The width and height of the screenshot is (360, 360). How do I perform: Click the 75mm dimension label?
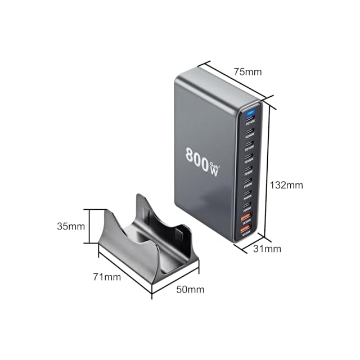point(248,71)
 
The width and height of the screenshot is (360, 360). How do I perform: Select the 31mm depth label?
point(267,249)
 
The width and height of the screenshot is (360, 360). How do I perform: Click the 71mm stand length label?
point(107,277)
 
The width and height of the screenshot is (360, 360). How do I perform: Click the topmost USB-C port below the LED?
point(249,120)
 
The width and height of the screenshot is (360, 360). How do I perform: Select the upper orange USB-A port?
point(246,217)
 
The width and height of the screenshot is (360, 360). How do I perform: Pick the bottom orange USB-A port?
point(245,229)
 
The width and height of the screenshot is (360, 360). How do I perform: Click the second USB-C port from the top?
point(249,133)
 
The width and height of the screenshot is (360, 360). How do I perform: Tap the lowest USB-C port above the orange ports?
point(246,205)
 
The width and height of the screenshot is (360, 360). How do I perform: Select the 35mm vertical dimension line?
point(89,226)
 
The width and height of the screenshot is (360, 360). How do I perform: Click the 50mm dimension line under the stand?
point(175,285)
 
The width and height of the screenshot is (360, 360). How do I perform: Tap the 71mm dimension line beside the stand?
point(125,272)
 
